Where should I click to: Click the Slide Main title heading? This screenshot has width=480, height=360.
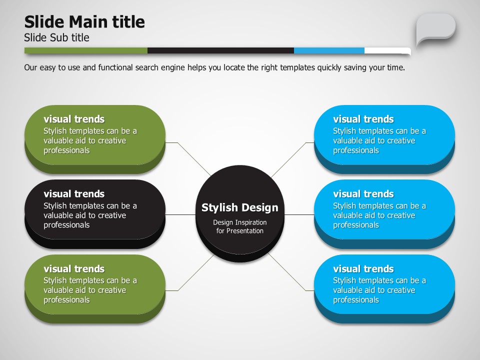coord(84,22)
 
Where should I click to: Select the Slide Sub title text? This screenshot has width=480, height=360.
coord(56,37)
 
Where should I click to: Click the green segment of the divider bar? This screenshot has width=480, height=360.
coord(86,50)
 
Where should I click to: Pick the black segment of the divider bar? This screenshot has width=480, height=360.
coord(220,50)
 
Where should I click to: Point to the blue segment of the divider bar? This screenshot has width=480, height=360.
coord(329,50)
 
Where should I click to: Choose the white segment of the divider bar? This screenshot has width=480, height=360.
coord(387,51)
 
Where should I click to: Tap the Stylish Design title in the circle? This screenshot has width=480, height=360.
coord(240,207)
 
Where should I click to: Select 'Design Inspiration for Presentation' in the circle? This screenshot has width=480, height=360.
coord(240,226)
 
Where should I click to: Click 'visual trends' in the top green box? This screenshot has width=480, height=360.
coord(74,119)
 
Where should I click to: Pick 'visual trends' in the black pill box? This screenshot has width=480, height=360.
coord(74,194)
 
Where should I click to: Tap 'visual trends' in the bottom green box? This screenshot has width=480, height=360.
coord(74,269)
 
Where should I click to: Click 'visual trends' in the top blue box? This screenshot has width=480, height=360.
coord(363,119)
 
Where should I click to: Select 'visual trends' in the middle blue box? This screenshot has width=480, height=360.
coord(363,194)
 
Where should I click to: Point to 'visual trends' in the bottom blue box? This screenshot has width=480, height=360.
coord(363,269)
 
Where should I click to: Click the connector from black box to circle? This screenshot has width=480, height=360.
coord(180,214)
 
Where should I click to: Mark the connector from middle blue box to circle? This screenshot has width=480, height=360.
coord(299,214)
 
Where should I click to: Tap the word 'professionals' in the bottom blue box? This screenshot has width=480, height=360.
coord(356,300)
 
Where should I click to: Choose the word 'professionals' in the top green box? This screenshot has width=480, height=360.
coord(66,150)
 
